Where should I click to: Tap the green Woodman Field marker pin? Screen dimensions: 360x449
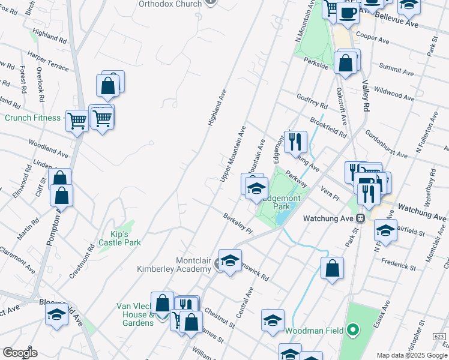point(353,329)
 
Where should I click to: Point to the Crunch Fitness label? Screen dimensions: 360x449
point(32,118)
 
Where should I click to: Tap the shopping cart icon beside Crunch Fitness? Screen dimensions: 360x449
point(77,121)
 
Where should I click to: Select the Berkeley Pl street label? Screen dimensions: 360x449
point(238,224)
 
